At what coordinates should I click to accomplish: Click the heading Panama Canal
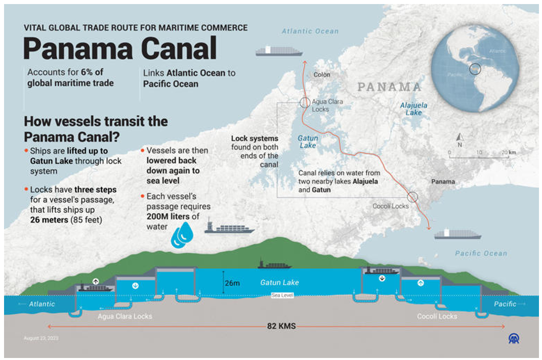click(120, 49)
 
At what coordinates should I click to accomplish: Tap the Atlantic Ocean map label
click(310, 31)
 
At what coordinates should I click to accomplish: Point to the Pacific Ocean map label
click(480, 253)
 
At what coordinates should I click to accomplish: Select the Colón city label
click(321, 75)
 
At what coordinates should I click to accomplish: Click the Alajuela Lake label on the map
click(413, 109)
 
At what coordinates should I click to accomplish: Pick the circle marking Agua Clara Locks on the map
click(304, 102)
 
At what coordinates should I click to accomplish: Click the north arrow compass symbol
click(460, 137)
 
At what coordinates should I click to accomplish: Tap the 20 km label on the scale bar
click(508, 152)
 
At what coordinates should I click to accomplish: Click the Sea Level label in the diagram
click(282, 295)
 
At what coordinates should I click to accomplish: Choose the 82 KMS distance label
click(281, 327)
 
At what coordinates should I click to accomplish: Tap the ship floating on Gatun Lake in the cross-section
click(275, 264)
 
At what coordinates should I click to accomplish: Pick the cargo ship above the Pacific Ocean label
click(457, 234)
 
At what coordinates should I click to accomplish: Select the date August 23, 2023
click(41, 338)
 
